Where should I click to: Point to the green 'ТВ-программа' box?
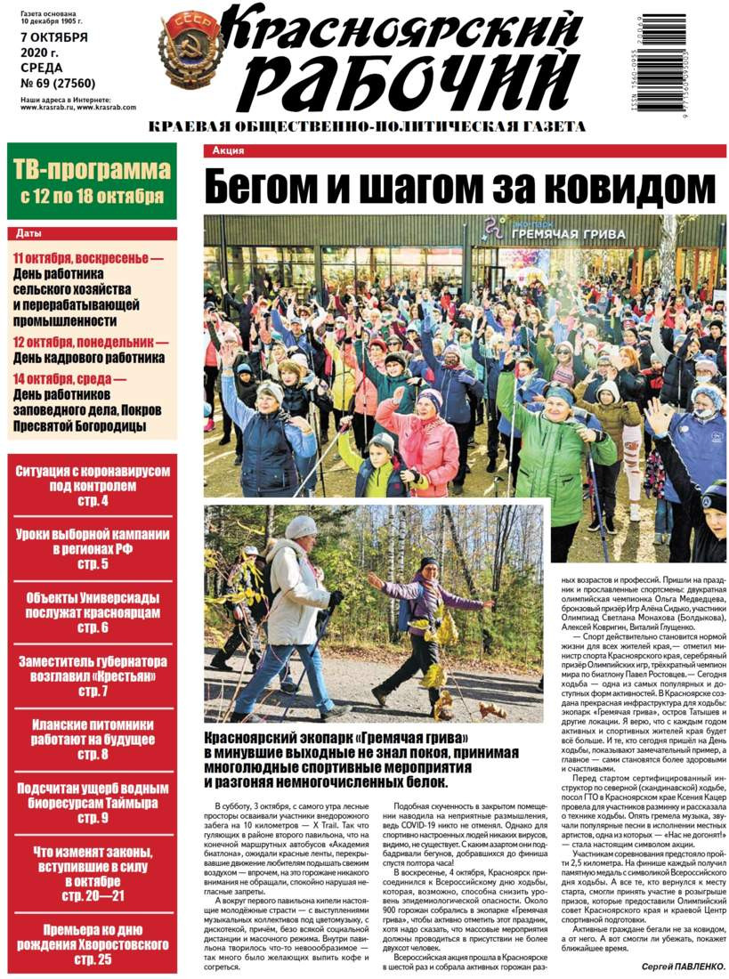[x=92, y=182]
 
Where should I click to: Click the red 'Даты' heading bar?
[x=92, y=233]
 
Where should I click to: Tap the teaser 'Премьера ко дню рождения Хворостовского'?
[x=92, y=943]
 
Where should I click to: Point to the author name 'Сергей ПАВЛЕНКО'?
[x=682, y=966]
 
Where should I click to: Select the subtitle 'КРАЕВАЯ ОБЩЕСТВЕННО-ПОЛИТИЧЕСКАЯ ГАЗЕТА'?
[x=367, y=127]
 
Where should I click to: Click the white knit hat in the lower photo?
[x=300, y=527]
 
